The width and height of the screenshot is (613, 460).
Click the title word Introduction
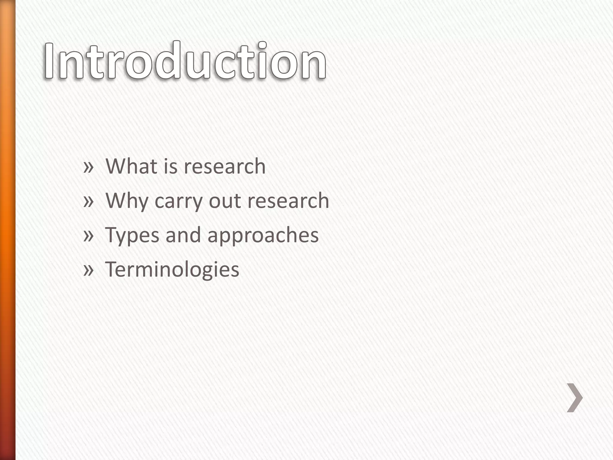click(x=185, y=61)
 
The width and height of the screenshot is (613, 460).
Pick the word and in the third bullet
click(x=183, y=235)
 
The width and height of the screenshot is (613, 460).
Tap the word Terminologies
click(x=172, y=270)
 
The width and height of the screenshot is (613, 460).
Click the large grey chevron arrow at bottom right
click(x=575, y=398)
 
